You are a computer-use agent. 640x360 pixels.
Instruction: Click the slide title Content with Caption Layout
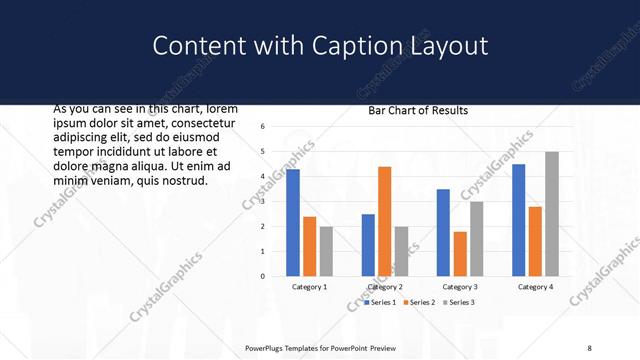pyautogui.click(x=320, y=46)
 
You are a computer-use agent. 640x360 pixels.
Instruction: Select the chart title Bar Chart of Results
pyautogui.click(x=418, y=111)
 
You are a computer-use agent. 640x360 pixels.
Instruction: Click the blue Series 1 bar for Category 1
pyautogui.click(x=293, y=222)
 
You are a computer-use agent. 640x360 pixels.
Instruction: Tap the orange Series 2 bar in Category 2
pyautogui.click(x=384, y=221)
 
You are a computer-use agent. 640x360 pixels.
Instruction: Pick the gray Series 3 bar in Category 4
pyautogui.click(x=551, y=214)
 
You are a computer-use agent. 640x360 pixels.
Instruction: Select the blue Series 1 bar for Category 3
pyautogui.click(x=443, y=232)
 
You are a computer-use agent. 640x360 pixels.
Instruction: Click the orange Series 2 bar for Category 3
pyautogui.click(x=460, y=254)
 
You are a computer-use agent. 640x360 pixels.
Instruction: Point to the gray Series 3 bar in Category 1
pyautogui.click(x=326, y=251)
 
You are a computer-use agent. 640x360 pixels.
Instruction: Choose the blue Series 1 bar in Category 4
pyautogui.click(x=518, y=220)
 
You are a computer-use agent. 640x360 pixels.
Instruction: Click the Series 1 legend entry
pyautogui.click(x=381, y=302)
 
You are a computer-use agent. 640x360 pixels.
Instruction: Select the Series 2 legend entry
pyautogui.click(x=420, y=302)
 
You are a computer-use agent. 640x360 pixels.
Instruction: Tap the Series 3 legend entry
pyautogui.click(x=460, y=302)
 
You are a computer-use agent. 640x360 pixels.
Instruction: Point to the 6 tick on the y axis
pyautogui.click(x=261, y=127)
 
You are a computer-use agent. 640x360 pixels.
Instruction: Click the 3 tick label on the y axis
pyautogui.click(x=261, y=201)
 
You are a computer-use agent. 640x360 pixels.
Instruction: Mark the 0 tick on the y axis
pyautogui.click(x=261, y=276)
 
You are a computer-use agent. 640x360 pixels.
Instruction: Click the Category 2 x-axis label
pyautogui.click(x=385, y=287)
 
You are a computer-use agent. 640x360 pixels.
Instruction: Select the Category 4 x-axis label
pyautogui.click(x=535, y=287)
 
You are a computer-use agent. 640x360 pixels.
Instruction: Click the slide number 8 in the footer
pyautogui.click(x=589, y=347)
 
